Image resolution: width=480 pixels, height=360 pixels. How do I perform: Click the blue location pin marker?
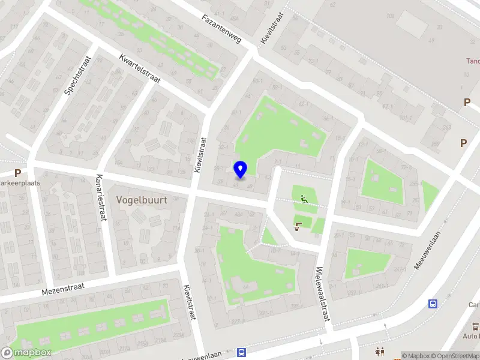(240, 170)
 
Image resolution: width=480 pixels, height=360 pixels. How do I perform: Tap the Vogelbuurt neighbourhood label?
(142, 199)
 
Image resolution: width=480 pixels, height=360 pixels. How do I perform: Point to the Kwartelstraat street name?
(139, 69)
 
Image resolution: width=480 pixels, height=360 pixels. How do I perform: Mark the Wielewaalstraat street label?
(322, 294)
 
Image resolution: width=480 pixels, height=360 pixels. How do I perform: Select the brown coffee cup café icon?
(298, 226)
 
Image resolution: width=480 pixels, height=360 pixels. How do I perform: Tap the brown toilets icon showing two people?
(380, 352)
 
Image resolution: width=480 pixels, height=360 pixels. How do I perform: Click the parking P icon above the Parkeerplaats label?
(17, 172)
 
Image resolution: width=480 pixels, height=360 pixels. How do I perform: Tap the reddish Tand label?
(473, 61)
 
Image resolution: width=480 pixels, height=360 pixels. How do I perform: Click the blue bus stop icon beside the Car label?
(433, 304)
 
